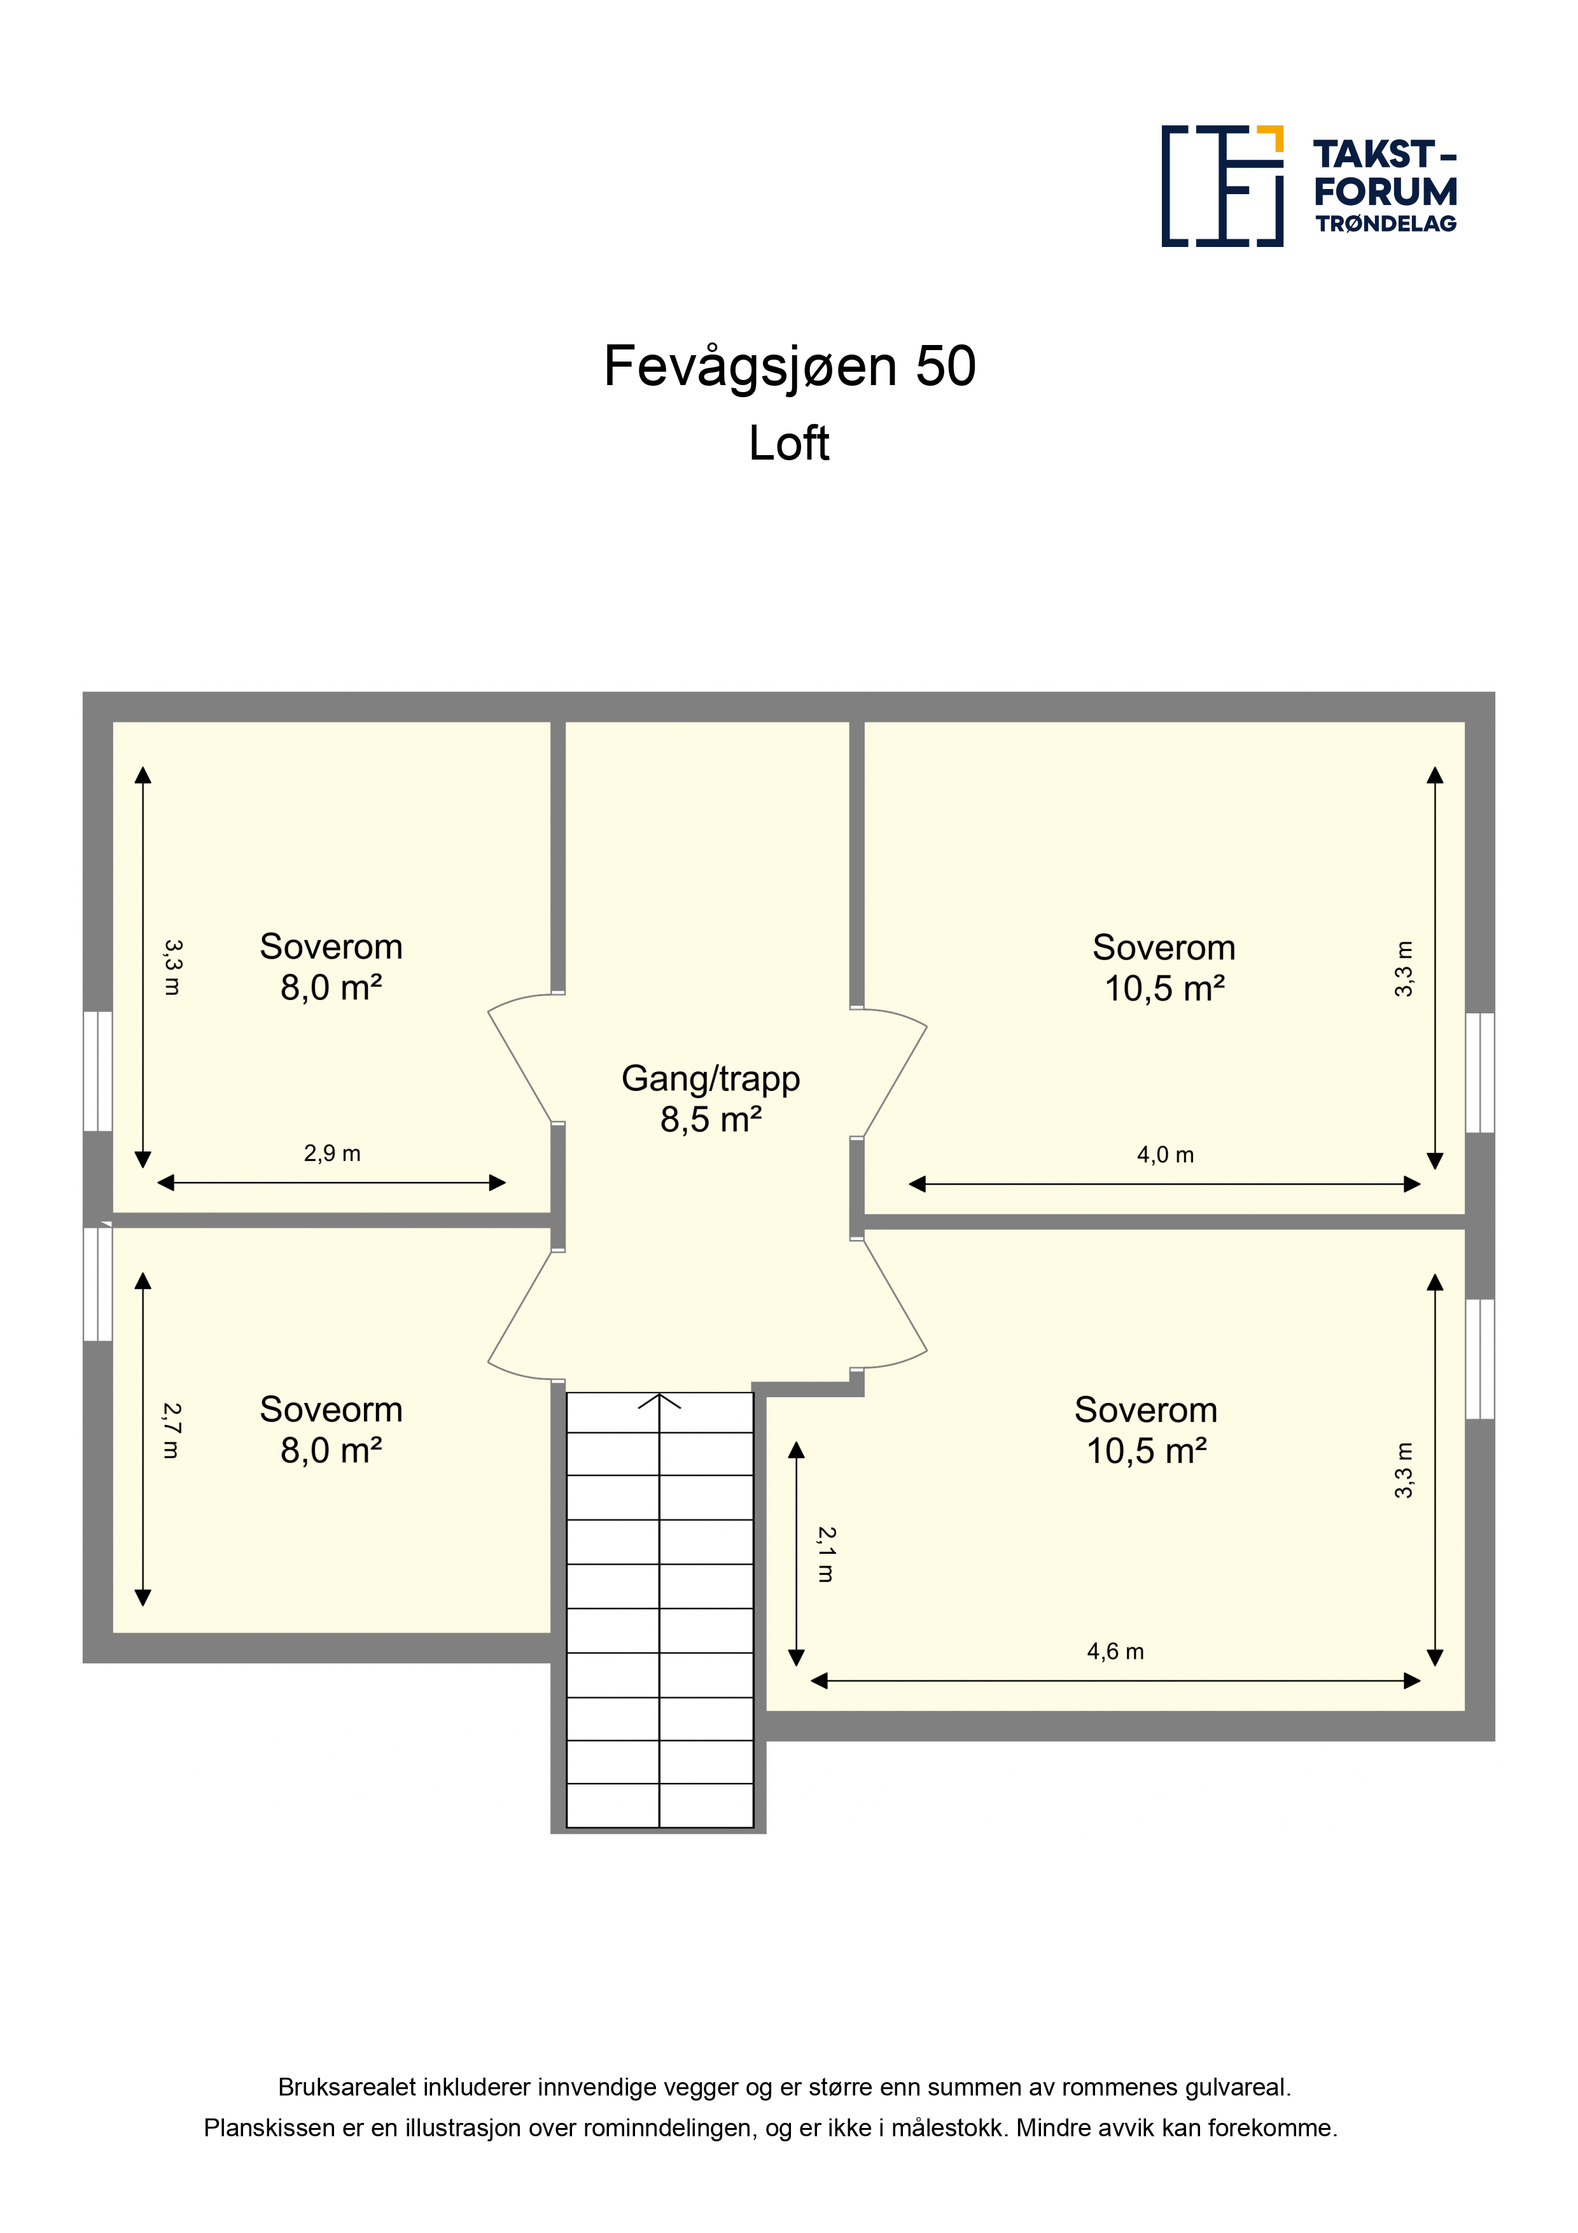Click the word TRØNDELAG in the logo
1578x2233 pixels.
(x=1385, y=223)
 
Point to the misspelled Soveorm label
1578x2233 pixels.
(x=331, y=1409)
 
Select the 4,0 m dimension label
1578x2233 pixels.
(x=1165, y=1155)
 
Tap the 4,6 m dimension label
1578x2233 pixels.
(x=1115, y=1651)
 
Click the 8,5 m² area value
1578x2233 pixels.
(x=711, y=1120)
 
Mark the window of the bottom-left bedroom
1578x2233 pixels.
(x=97, y=1284)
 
